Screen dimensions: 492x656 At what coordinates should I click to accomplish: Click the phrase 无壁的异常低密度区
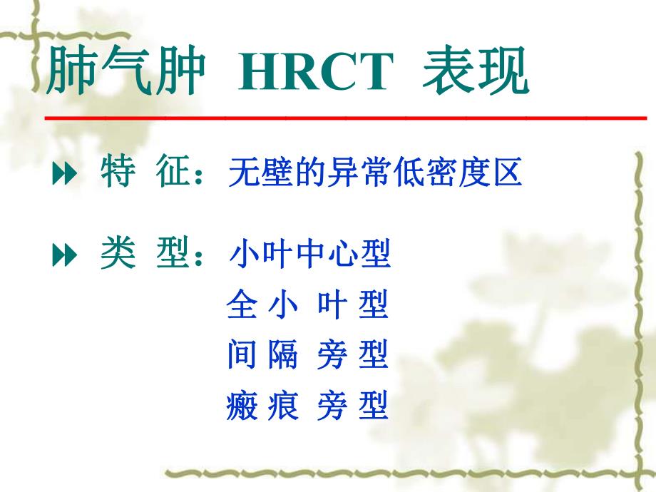[x=375, y=174]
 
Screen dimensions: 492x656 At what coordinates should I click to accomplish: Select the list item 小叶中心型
[x=309, y=256]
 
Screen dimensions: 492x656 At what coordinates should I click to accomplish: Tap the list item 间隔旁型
[x=307, y=354]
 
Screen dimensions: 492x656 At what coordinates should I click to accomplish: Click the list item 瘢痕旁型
[x=307, y=405]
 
